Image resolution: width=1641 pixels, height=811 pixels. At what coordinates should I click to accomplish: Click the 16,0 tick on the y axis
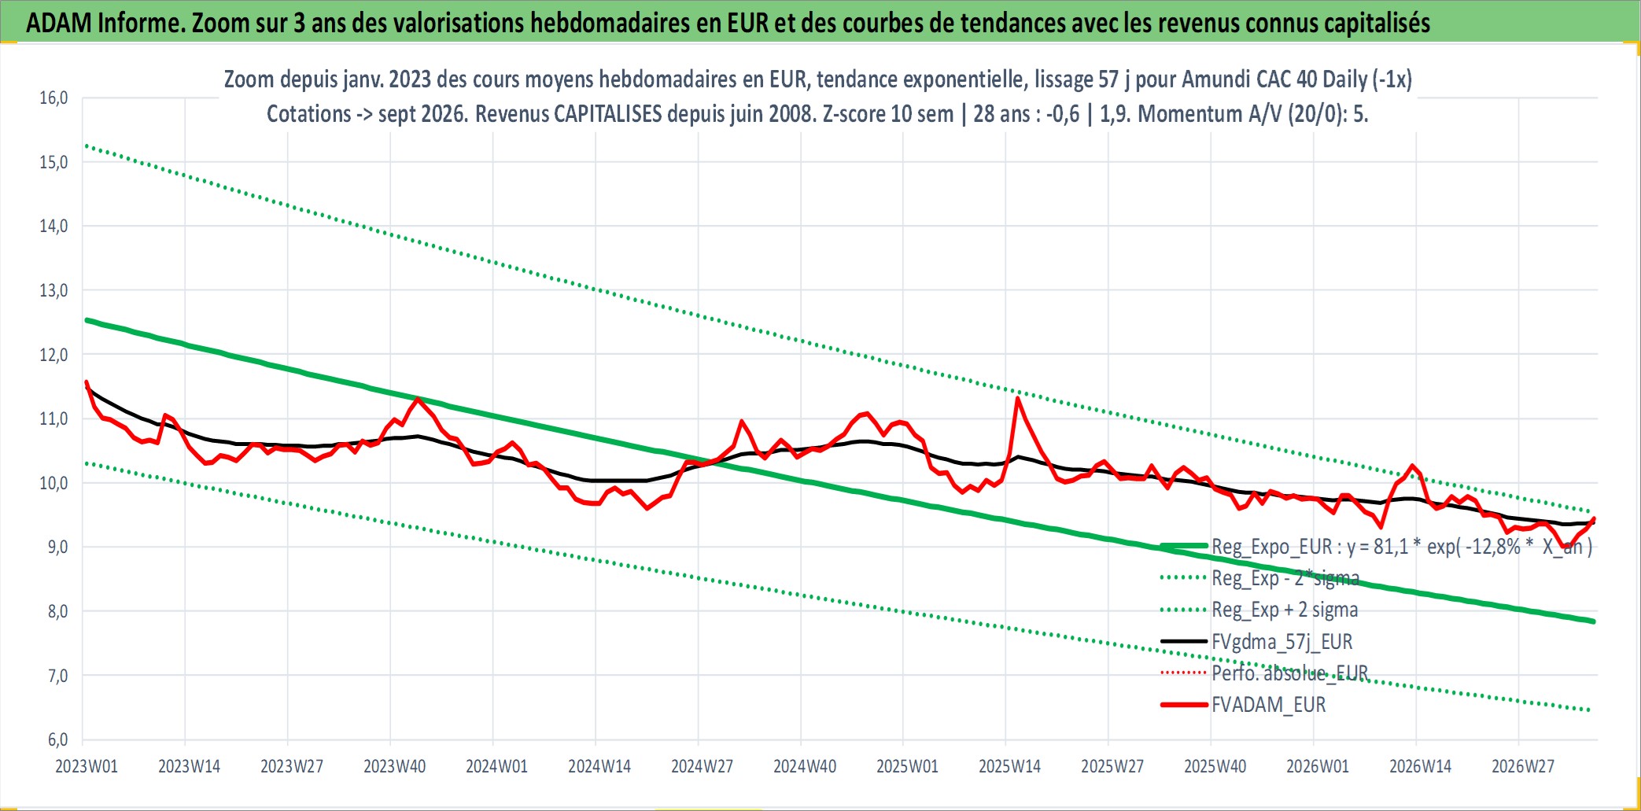coord(53,98)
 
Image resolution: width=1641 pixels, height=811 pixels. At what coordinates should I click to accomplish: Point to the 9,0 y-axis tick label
coord(53,547)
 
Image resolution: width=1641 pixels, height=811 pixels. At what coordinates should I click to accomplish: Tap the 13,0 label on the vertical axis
coord(53,290)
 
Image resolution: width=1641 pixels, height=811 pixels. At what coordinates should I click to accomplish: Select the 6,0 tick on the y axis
coord(53,739)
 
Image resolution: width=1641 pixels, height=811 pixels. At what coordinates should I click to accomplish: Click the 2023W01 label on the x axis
coord(87,766)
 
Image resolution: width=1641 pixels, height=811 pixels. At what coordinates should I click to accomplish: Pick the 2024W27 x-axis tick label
coord(702,766)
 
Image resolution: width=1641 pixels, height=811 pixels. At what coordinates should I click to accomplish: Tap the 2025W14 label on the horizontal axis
coord(1009,766)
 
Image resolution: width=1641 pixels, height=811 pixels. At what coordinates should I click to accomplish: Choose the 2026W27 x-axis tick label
coord(1523,766)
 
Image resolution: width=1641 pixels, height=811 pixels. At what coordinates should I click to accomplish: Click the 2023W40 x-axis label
coord(394,766)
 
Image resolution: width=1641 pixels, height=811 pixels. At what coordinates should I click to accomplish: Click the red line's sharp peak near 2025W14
coord(1018,398)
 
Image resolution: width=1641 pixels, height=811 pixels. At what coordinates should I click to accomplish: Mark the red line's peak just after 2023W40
coord(418,398)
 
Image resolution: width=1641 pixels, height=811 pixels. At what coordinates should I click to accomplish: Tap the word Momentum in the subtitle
coord(1182,114)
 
